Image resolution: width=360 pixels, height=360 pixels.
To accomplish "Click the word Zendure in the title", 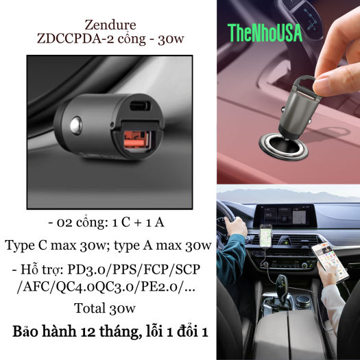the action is (x=110, y=25).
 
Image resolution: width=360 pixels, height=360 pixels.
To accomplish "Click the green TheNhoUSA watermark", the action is (x=265, y=33).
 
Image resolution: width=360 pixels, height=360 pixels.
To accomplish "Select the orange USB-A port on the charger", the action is (x=137, y=140).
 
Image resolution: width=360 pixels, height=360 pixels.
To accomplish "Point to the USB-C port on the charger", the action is (x=140, y=106).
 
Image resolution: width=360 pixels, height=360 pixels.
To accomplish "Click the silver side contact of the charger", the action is (x=76, y=125).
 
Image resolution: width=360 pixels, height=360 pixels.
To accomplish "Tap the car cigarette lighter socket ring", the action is (x=284, y=146).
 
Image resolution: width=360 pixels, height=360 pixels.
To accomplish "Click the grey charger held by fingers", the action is (x=298, y=108).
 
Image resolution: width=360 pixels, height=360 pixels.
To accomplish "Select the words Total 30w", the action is (x=105, y=308).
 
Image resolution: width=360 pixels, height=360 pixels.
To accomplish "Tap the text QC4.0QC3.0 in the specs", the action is (x=95, y=287).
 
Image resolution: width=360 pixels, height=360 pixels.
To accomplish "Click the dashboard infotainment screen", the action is (x=285, y=216).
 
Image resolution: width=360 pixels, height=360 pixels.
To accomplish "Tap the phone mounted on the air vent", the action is (x=265, y=236).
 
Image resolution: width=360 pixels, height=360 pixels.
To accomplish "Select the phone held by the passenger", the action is (x=330, y=261).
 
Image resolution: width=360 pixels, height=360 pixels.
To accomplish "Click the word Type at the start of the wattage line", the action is (x=20, y=246).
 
